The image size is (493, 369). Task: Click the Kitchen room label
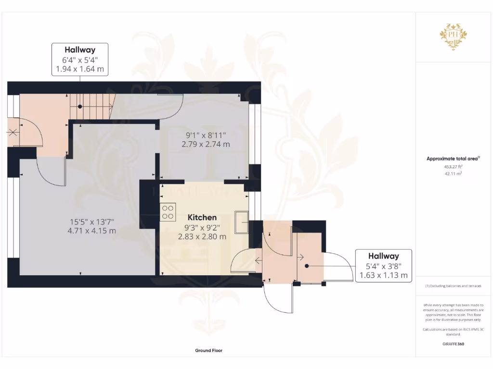tap(202, 218)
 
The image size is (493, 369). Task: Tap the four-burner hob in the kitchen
tap(168, 212)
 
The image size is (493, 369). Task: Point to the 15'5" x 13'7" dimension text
tap(92, 221)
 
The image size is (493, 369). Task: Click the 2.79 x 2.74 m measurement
tap(206, 144)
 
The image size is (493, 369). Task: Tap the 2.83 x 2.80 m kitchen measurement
tap(202, 236)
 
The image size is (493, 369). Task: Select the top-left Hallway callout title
tap(80, 49)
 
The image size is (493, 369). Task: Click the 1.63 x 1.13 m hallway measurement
tap(384, 275)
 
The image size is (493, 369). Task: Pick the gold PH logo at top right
tap(453, 37)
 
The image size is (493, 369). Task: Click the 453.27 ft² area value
tap(453, 166)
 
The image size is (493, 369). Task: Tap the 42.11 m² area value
tap(453, 174)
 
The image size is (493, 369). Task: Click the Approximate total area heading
tap(453, 159)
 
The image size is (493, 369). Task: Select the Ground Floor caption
tap(208, 351)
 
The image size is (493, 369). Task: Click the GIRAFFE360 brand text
tap(453, 344)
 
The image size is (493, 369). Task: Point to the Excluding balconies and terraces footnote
tap(453, 286)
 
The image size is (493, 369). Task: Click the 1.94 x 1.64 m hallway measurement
tap(80, 69)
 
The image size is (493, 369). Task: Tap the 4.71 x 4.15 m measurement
tap(92, 231)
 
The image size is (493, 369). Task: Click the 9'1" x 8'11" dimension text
tap(206, 135)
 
